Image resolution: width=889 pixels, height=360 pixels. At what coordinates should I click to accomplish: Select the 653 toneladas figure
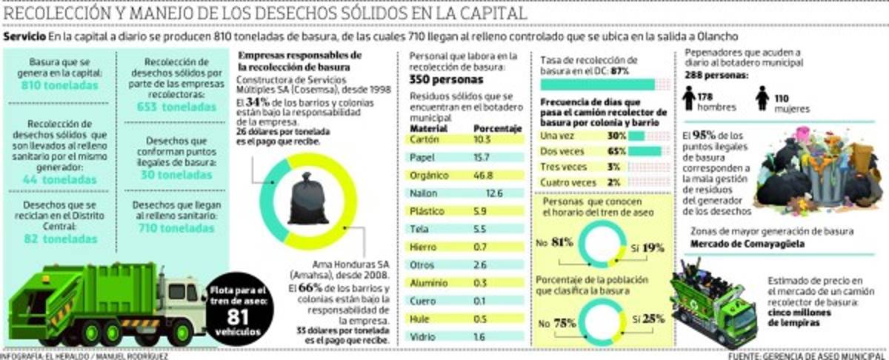pyautogui.click(x=173, y=107)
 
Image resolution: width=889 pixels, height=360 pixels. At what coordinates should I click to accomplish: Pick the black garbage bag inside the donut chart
pyautogui.click(x=308, y=199)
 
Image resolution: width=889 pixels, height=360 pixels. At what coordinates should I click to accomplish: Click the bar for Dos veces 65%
pyautogui.click(x=644, y=151)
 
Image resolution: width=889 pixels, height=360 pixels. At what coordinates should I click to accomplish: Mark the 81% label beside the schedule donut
pyautogui.click(x=560, y=242)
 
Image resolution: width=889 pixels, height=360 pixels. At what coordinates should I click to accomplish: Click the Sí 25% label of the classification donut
pyautogui.click(x=649, y=319)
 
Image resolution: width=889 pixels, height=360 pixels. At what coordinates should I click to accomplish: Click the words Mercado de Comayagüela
pyautogui.click(x=742, y=244)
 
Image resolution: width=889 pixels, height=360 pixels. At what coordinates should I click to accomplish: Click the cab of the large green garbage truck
pyautogui.click(x=181, y=295)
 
